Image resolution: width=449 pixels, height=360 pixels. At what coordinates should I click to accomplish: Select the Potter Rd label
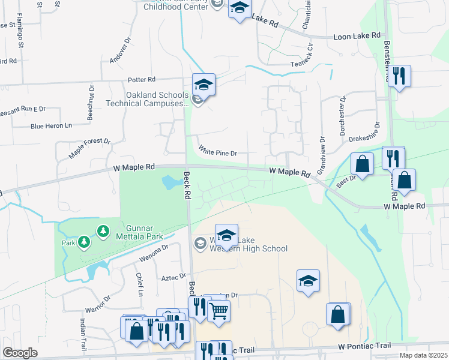(142, 79)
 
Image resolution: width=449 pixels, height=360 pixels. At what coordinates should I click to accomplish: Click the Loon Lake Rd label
(357, 36)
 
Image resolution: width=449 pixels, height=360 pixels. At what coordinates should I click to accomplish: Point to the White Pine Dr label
(218, 153)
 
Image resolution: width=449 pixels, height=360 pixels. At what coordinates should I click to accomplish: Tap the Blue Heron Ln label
(51, 126)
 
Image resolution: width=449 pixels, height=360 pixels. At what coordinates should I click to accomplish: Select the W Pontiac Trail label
(364, 346)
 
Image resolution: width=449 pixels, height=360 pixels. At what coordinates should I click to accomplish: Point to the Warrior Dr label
(98, 305)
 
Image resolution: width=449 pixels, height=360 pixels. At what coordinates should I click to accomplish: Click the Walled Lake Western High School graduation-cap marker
(226, 235)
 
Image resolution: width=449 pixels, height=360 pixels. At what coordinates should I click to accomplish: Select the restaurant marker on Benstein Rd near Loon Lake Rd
(399, 76)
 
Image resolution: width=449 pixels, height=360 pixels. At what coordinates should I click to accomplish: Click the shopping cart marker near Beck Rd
(219, 310)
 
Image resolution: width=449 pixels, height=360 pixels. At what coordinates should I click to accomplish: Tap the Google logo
(20, 353)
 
